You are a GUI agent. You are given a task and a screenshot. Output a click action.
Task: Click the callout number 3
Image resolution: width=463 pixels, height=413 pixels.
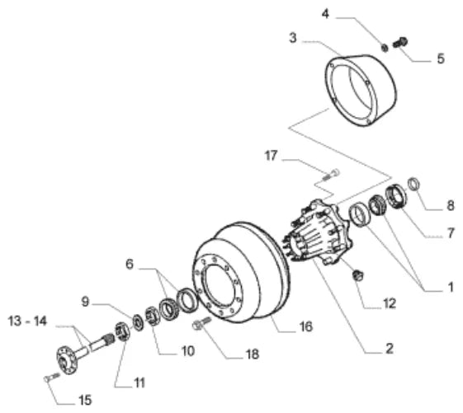coord(293,38)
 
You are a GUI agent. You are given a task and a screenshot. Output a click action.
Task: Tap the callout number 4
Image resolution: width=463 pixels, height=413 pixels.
coord(325,14)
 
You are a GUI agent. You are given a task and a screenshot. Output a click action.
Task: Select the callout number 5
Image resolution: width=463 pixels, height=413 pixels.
coord(441,59)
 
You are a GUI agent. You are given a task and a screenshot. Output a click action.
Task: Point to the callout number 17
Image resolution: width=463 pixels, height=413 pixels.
coord(271,156)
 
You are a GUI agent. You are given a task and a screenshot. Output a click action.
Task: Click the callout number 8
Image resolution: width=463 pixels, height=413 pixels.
coord(451,205)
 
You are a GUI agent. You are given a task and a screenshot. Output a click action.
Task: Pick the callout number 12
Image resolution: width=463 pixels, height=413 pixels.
coord(390,303)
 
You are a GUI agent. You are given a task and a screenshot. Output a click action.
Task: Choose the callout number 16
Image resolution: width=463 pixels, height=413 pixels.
coord(305,326)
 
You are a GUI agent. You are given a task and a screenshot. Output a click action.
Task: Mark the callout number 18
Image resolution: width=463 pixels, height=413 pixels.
coord(253,354)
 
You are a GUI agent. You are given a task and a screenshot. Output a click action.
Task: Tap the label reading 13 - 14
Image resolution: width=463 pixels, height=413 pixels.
coord(27,321)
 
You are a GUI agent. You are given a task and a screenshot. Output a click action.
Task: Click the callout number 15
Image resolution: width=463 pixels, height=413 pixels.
coord(85,401)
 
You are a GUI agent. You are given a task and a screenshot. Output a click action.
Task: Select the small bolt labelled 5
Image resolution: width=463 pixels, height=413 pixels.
coord(400,43)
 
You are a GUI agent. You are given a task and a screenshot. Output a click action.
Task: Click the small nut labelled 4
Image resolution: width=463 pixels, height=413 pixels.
coord(385,47)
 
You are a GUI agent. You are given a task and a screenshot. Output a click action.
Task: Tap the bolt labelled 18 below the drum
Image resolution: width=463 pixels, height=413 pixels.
coord(201,323)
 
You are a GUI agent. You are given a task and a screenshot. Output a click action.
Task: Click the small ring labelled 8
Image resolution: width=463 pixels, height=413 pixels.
coord(413,184)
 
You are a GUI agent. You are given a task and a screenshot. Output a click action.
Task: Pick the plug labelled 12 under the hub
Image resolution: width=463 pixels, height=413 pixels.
coord(358,275)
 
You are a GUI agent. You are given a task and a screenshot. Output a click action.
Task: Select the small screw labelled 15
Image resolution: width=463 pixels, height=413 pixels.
coord(52,377)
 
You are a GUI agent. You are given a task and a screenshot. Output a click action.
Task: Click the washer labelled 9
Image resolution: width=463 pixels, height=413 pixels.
coord(138,322)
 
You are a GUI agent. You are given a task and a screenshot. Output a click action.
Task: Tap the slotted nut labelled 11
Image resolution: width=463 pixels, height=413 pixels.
coord(121,331)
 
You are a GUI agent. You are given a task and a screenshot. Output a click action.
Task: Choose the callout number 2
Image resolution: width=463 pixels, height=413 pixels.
coord(390,349)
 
